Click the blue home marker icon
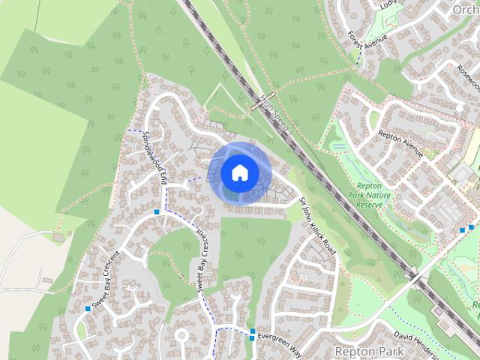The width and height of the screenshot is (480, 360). coord(239,172)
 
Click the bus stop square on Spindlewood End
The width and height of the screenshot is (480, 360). coord(157,212)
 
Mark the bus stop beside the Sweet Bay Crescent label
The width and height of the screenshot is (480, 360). coord(88,308)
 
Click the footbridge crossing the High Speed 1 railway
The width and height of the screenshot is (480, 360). coord(265,101)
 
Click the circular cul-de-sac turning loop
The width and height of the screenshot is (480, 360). coord(181,334)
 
